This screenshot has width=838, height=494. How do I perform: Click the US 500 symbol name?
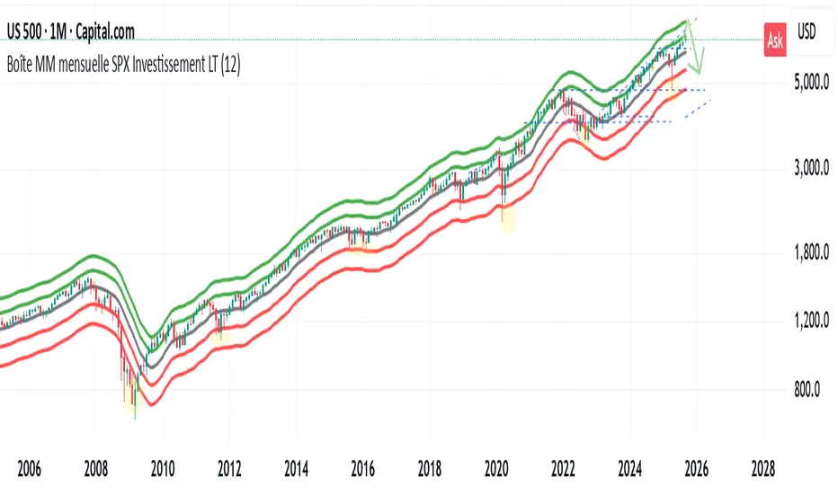pos(29,32)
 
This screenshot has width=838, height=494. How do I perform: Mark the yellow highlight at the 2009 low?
pos(135,404)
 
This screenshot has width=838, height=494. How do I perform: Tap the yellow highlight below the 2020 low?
pos(508,218)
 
